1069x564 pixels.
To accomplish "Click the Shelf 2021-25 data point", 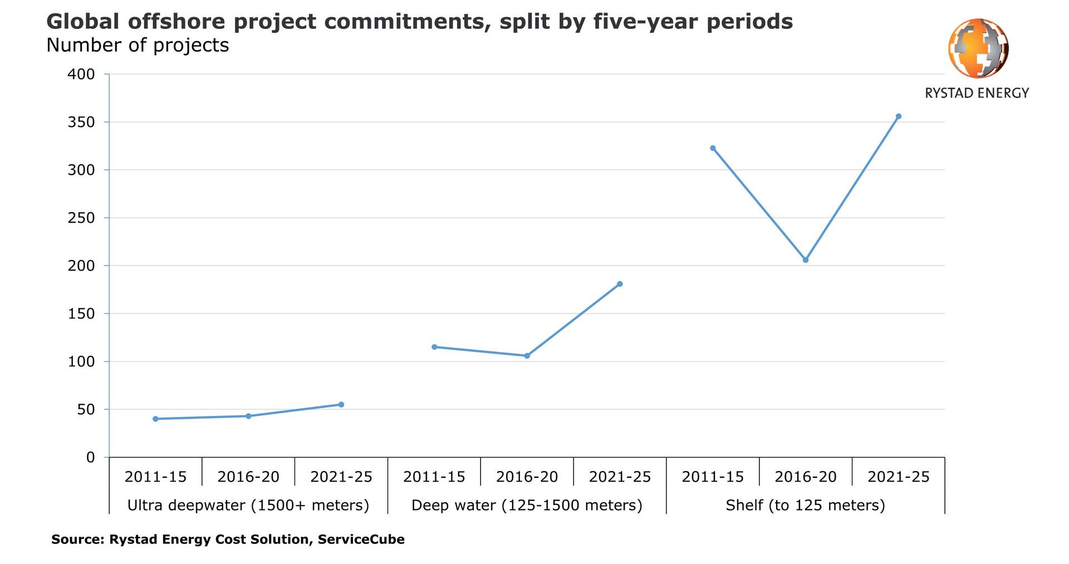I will tap(898, 116).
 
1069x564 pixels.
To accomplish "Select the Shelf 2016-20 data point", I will tap(806, 260).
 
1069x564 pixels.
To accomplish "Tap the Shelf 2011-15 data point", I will tap(713, 148).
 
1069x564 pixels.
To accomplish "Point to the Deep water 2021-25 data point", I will tap(620, 284).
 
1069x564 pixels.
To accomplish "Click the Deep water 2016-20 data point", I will tap(527, 356).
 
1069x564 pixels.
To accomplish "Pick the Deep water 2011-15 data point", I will tap(434, 347).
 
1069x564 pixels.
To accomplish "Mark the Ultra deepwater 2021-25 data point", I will tap(341, 405).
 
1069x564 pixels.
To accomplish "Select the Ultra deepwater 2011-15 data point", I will tap(155, 419).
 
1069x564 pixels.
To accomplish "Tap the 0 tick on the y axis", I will tap(90, 458).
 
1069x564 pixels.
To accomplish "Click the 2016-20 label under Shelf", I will tap(806, 477).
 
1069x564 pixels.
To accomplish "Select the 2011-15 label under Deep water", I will tap(434, 477).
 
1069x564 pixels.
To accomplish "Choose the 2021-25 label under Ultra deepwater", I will tap(341, 477).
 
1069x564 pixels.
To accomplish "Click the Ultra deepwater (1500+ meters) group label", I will tap(248, 506).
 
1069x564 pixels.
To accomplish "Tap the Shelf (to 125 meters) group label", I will tap(806, 506).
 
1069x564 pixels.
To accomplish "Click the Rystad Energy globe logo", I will tap(978, 48).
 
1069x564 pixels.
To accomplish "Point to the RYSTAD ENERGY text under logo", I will tap(977, 93).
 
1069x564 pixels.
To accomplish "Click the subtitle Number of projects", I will tap(138, 46).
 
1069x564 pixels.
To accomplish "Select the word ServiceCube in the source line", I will tap(361, 540).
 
